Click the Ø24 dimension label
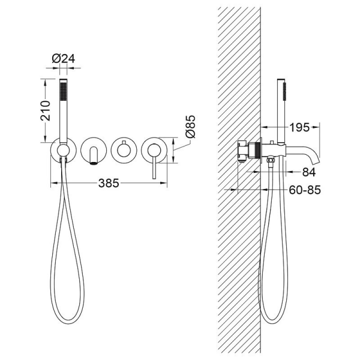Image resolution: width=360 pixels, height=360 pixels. [63, 59]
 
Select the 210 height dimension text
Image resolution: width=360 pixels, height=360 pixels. [45, 110]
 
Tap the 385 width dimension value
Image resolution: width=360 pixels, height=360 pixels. [109, 183]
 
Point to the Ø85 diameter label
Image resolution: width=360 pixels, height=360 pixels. [190, 126]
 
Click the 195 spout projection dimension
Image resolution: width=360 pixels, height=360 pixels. [299, 127]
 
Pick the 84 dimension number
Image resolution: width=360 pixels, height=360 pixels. [309, 172]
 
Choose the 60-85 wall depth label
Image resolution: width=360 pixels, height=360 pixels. [305, 190]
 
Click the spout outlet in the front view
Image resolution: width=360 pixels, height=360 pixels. [93, 163]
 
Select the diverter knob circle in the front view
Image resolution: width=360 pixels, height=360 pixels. [124, 151]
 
